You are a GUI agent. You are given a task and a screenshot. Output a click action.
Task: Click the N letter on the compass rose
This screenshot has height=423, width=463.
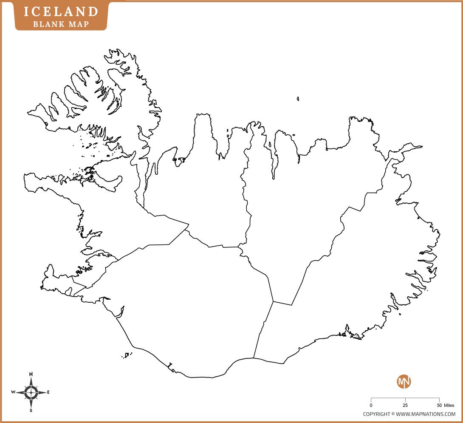click(31, 374)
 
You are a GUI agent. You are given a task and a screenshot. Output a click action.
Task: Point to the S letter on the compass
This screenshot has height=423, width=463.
click(31, 411)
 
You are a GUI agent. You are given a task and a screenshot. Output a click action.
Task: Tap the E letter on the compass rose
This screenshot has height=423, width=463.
click(48, 392)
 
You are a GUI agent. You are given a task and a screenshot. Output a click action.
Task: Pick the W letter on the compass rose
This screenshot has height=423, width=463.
click(13, 392)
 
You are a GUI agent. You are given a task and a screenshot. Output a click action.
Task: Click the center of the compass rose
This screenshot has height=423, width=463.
click(31, 392)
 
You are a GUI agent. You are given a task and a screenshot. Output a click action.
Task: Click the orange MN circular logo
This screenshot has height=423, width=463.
click(404, 381)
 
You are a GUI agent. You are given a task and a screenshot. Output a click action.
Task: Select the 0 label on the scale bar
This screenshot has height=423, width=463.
click(371, 406)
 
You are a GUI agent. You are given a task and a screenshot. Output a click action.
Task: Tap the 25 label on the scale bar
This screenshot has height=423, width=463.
click(405, 406)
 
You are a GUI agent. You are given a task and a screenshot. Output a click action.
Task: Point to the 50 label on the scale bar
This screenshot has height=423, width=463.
click(439, 406)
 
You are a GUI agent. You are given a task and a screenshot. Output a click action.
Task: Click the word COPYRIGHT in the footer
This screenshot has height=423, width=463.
click(376, 414)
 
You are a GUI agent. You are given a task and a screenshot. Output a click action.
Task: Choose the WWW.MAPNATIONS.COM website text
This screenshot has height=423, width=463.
click(426, 414)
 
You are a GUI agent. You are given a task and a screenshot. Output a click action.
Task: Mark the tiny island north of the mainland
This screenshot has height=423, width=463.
click(298, 99)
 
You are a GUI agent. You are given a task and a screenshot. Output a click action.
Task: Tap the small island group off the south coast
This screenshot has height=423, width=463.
click(127, 355)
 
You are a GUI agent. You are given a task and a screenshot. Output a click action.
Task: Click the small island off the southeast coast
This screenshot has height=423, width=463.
click(400, 314)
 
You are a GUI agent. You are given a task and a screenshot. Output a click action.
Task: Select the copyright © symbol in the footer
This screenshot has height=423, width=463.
click(393, 414)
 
